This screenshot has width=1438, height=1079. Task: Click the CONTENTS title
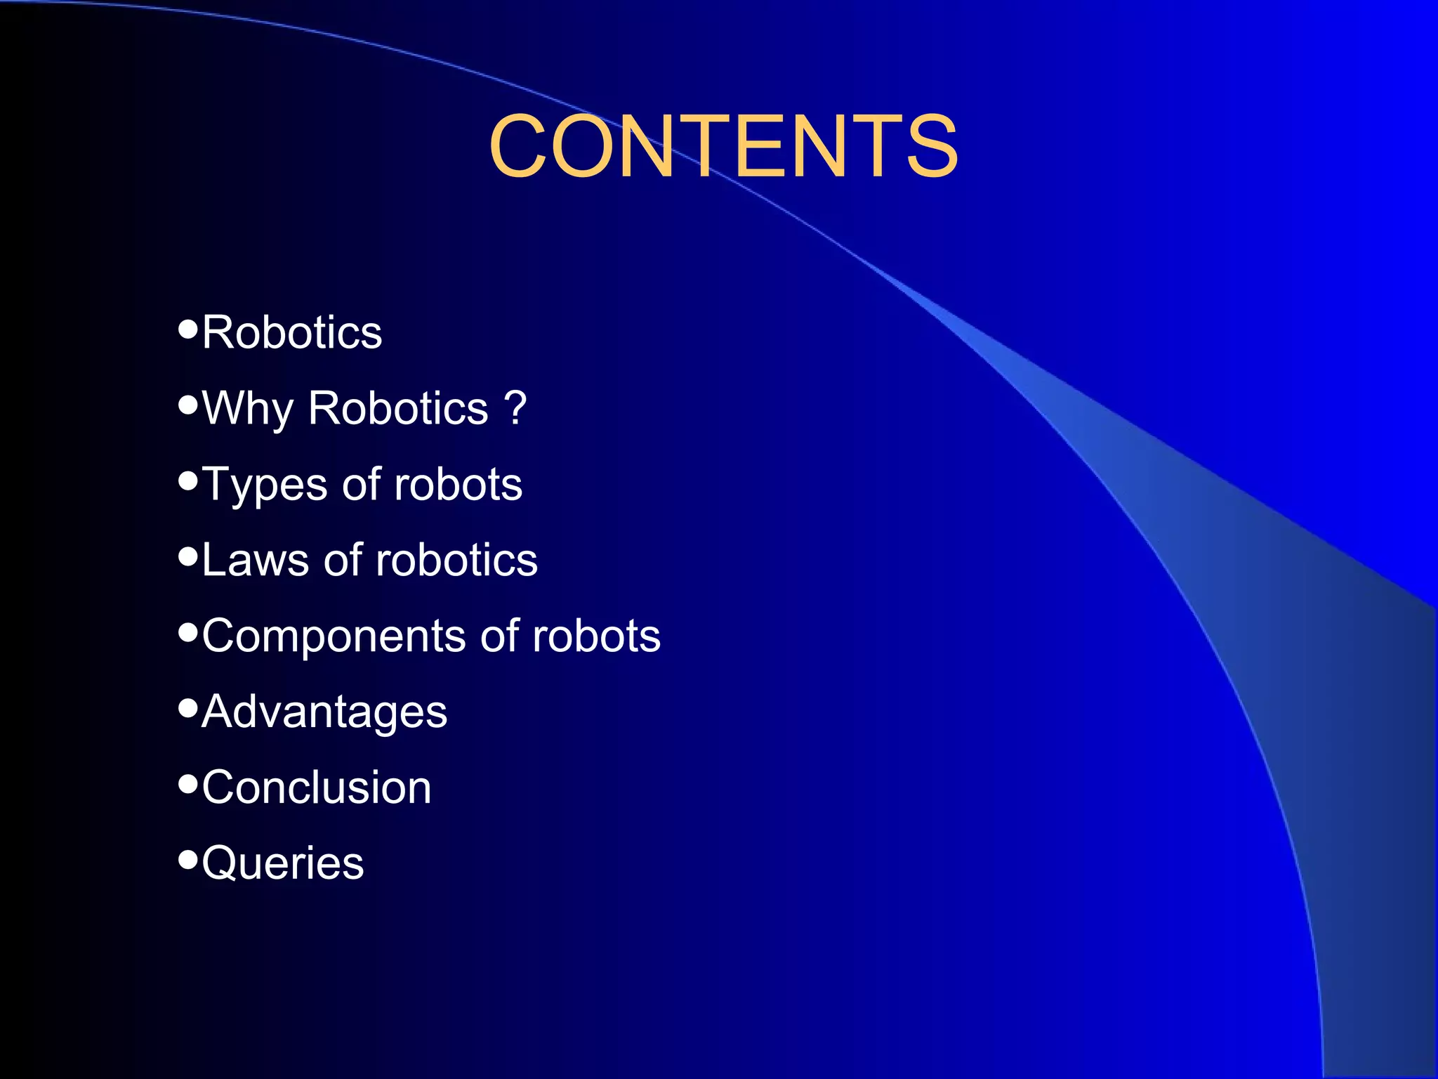[x=723, y=147]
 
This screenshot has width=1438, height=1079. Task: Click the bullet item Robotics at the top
[x=292, y=332]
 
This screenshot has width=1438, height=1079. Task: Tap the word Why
[x=247, y=409]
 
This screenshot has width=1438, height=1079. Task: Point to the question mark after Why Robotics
[x=515, y=407]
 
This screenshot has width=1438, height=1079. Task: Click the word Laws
[x=255, y=561]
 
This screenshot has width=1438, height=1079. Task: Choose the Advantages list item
[x=324, y=712]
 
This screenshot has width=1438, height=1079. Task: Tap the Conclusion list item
[x=317, y=787]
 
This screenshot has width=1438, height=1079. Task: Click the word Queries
[x=283, y=863]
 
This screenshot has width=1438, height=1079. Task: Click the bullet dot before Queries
[x=187, y=858]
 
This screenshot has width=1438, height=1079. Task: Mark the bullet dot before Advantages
[x=187, y=707]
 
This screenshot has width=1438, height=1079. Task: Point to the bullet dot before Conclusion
[x=187, y=783]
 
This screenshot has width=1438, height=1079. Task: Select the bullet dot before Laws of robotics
[x=187, y=556]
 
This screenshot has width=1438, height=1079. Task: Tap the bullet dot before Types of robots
[x=187, y=480]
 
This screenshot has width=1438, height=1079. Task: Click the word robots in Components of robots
[x=596, y=636]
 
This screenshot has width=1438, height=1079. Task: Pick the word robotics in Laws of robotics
[x=456, y=561]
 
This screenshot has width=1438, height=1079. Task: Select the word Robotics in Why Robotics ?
[x=397, y=408]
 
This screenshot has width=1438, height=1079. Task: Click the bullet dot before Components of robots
[x=187, y=632]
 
